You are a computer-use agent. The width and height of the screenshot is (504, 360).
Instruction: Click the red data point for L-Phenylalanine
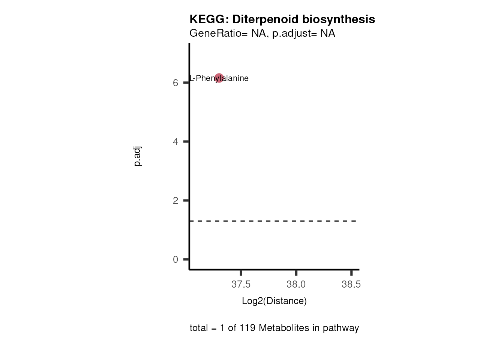point(219,78)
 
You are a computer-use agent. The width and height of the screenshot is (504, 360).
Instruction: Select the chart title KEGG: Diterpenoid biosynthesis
point(282,19)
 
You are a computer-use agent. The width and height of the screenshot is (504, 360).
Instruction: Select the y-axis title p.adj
point(138,156)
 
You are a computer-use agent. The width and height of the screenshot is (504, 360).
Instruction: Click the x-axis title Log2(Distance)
point(274,301)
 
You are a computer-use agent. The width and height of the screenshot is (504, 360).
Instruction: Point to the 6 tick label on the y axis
point(175,83)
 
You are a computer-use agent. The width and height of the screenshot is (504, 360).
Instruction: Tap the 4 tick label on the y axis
point(175,142)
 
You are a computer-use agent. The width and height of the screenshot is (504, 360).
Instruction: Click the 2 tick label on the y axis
point(175,201)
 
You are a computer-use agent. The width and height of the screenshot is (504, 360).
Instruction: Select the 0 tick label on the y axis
point(175,259)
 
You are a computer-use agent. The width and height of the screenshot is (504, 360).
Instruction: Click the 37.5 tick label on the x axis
point(241,284)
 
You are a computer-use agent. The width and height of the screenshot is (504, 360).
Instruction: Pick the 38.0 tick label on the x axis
point(296,284)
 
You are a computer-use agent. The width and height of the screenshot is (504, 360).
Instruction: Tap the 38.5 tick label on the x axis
point(351,284)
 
